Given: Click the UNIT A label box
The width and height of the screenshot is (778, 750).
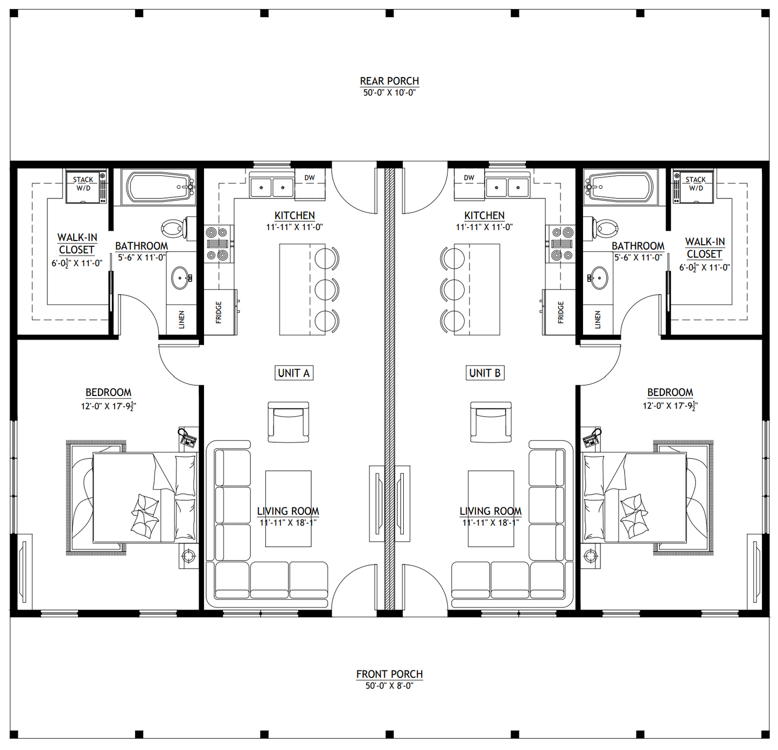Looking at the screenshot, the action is (x=294, y=373).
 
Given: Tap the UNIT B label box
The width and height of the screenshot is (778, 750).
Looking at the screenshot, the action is (x=485, y=373).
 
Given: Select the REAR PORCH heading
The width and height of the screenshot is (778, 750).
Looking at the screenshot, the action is (x=389, y=81).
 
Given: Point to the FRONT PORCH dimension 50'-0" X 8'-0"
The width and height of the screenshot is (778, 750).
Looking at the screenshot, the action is (x=389, y=685).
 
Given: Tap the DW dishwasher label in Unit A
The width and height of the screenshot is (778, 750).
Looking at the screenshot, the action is (x=310, y=178).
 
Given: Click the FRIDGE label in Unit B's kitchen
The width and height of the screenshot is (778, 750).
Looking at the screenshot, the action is (x=560, y=312).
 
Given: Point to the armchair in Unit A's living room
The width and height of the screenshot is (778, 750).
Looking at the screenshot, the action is (x=288, y=422).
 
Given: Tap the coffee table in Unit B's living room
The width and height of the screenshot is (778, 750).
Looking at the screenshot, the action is (x=491, y=508).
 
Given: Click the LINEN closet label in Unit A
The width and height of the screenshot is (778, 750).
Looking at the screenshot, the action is (x=182, y=320).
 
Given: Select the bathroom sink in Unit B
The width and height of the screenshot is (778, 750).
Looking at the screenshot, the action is (x=598, y=277).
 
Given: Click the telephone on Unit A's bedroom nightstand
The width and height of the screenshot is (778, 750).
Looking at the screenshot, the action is (x=187, y=438).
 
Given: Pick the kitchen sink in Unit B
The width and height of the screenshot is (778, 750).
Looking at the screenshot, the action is (x=508, y=187).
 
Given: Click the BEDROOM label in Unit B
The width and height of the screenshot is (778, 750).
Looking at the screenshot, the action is (x=670, y=392).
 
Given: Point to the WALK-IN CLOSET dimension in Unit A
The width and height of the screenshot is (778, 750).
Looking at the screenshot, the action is (x=77, y=264).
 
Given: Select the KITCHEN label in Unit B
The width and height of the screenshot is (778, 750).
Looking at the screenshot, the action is (x=484, y=216).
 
